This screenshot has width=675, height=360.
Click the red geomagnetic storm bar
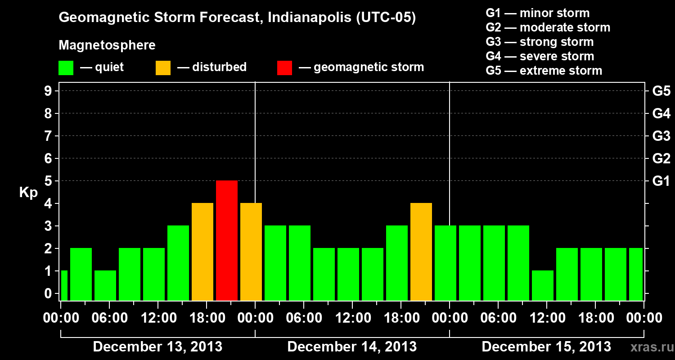tap(227, 240)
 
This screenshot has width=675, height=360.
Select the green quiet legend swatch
tap(66, 68)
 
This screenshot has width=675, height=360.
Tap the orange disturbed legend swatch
tap(163, 68)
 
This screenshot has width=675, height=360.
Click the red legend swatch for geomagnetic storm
tap(284, 68)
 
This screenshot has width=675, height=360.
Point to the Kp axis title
tap(28, 193)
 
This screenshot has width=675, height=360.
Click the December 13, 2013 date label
tap(157, 347)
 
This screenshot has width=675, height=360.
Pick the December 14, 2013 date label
tap(352, 347)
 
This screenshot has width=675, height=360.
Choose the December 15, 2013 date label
tap(546, 347)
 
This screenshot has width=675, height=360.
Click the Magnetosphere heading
tap(107, 45)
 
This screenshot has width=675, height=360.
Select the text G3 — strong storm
tap(540, 42)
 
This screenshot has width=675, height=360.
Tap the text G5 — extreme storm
tap(544, 71)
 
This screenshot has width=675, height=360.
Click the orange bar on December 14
tap(421, 252)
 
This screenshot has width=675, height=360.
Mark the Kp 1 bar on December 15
tap(543, 285)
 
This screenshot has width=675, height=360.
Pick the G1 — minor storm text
tap(538, 13)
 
